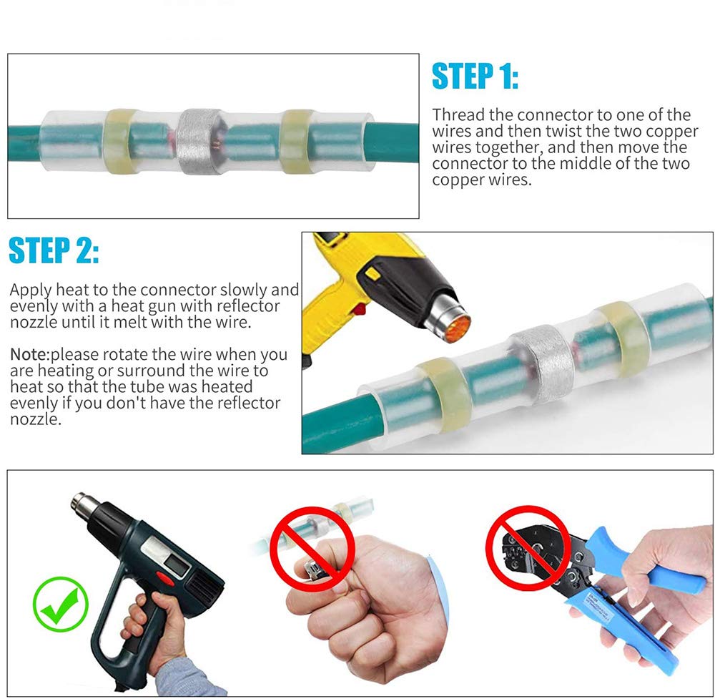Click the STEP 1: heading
475,76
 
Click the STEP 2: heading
54,250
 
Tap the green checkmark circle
61,604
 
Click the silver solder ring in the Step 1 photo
199,142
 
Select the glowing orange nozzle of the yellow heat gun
457,328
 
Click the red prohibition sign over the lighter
312,549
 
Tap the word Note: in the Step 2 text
29,354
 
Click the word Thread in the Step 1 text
458,114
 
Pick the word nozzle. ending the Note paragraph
36,419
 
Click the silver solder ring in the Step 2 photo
542,365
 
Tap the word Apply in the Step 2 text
31,290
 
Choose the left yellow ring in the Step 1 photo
119,142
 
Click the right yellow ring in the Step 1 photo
297,142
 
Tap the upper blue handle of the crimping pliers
643,559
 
